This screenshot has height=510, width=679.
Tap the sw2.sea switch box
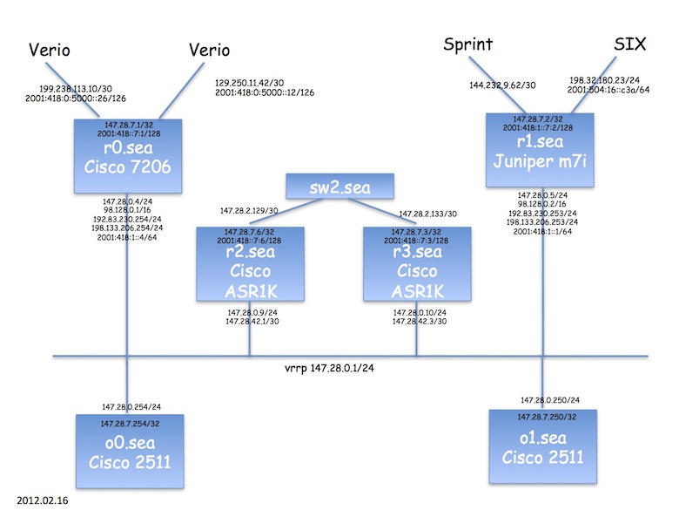(x=340, y=186)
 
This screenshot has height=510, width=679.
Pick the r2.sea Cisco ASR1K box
(x=249, y=263)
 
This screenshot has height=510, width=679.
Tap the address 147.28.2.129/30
(x=249, y=211)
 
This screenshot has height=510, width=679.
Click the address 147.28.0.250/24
(x=550, y=399)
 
